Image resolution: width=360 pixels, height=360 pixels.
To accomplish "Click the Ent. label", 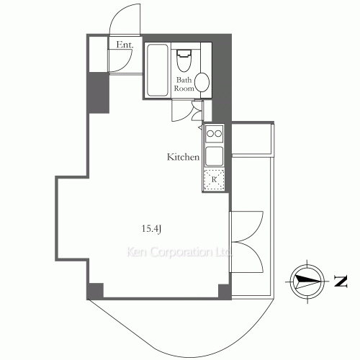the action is tap(125, 45).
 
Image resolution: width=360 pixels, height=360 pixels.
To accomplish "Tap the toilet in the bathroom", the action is tap(184, 60).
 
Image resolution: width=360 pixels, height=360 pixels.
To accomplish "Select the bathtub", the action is tap(157, 70).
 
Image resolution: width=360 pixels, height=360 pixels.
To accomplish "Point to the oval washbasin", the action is tap(202, 82).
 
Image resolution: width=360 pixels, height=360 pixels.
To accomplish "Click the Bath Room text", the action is tap(184, 84).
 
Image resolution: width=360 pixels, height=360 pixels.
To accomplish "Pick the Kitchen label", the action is tap(183, 157).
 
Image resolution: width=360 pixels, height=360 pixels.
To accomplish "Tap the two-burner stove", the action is tap(215, 133).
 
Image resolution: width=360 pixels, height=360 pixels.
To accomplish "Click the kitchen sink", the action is tap(215, 156).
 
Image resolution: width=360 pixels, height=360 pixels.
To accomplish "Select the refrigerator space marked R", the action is tap(214, 179).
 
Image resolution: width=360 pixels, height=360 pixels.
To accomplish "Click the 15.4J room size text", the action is tap(151, 229).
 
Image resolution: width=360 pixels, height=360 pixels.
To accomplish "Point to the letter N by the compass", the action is tap(341, 282).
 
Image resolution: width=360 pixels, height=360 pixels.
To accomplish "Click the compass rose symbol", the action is tap(307, 282).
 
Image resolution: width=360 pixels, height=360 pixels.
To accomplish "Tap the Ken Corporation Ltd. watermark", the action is tap(179, 252).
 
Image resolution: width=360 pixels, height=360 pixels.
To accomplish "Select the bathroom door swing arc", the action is tap(186, 116).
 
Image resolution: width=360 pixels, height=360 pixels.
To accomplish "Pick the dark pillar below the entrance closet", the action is tap(99, 92).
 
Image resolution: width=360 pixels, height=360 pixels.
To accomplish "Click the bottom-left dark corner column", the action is tap(96, 291).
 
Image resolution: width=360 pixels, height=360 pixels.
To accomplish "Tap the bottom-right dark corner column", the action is tap(225, 292).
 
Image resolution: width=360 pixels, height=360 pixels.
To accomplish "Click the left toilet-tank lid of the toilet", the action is tap(184, 53).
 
